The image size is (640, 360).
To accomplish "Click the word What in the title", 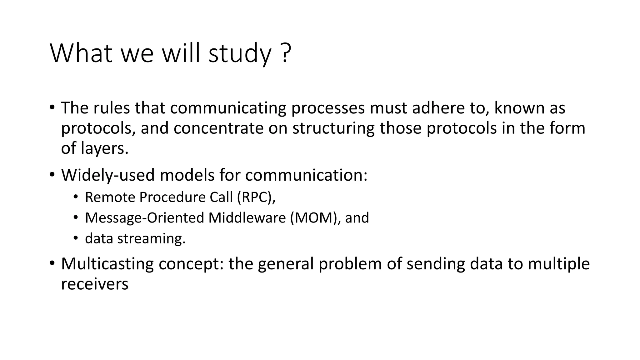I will pyautogui.click(x=81, y=53).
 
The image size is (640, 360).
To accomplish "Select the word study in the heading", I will pyautogui.click(x=240, y=54).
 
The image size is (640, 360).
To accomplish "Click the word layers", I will pyautogui.click(x=104, y=148).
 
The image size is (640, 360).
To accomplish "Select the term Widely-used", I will pyautogui.click(x=108, y=175).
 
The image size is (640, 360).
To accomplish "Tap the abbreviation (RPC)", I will pyautogui.click(x=256, y=197).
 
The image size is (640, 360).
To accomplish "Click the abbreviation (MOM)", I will pyautogui.click(x=315, y=218).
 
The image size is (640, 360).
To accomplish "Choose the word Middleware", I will pyautogui.click(x=247, y=218).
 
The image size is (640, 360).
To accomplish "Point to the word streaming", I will pyautogui.click(x=151, y=238).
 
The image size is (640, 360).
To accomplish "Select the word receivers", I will pyautogui.click(x=94, y=284).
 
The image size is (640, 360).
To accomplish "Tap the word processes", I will pyautogui.click(x=328, y=108).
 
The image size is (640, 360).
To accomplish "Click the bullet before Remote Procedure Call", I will pyautogui.click(x=75, y=197).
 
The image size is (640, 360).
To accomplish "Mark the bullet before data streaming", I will pyautogui.click(x=75, y=238).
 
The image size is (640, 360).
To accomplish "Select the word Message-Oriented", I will pyautogui.click(x=144, y=218).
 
